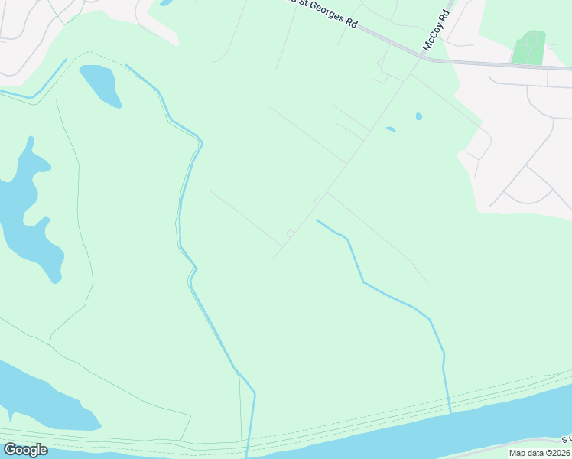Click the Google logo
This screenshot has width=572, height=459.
(25, 450)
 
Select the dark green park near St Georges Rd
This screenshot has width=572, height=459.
(528, 47)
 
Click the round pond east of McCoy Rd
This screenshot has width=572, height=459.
(418, 117)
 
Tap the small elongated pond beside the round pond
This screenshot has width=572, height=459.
(391, 129)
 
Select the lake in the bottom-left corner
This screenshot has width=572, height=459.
(38, 398)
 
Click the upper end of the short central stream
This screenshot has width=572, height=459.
(317, 221)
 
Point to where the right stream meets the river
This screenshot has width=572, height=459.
(450, 412)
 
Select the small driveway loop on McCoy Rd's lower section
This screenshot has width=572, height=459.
(291, 233)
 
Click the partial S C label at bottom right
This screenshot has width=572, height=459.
(566, 439)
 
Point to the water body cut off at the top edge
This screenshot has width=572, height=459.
(167, 2)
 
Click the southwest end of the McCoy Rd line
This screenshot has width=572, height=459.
(274, 257)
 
